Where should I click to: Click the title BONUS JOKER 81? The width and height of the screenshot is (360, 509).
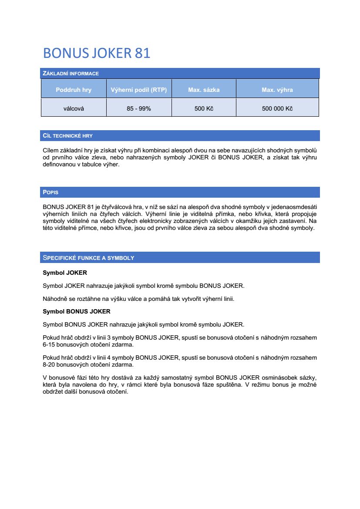coord(97,53)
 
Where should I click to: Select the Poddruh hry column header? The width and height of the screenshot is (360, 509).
coord(74,90)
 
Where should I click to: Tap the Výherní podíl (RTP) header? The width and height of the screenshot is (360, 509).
coord(139,90)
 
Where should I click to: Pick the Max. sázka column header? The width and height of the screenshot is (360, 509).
coord(204,90)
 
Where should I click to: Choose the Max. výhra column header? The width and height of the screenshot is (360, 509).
coord(277,90)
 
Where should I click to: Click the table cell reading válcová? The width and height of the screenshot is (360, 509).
coord(74,108)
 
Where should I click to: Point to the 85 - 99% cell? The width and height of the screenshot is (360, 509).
coord(139,108)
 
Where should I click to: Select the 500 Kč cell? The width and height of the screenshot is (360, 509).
coord(204,108)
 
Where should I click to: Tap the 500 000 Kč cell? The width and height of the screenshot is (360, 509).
coord(277,108)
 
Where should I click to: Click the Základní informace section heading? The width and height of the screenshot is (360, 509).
coord(71,74)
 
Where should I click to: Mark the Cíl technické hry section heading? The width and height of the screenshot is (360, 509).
coord(68,136)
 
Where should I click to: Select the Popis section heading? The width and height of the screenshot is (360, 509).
coord(50,192)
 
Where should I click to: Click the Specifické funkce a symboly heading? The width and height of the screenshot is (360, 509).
coord(88,258)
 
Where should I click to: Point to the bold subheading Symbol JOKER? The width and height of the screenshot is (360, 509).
coord(65,273)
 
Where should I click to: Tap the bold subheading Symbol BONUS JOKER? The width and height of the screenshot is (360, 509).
coord(77,311)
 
